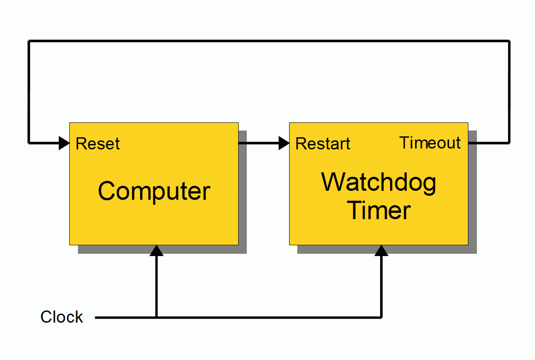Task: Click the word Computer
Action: tap(154, 191)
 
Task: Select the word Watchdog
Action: tap(379, 183)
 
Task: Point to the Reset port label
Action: tap(98, 144)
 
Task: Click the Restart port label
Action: tap(322, 144)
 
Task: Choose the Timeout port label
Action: tap(430, 143)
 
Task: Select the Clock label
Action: tap(62, 317)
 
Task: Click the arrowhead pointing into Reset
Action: tap(64, 143)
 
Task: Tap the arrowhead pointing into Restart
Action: tap(284, 143)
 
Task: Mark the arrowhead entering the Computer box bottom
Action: tap(157, 251)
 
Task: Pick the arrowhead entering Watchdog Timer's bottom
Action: tap(381, 251)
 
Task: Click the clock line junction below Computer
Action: tap(157, 317)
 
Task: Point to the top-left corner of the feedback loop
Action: tap(29, 41)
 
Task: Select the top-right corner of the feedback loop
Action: tap(509, 41)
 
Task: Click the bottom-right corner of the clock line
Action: tap(381, 317)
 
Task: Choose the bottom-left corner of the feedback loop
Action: tap(29, 143)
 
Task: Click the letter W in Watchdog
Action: tap(334, 182)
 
